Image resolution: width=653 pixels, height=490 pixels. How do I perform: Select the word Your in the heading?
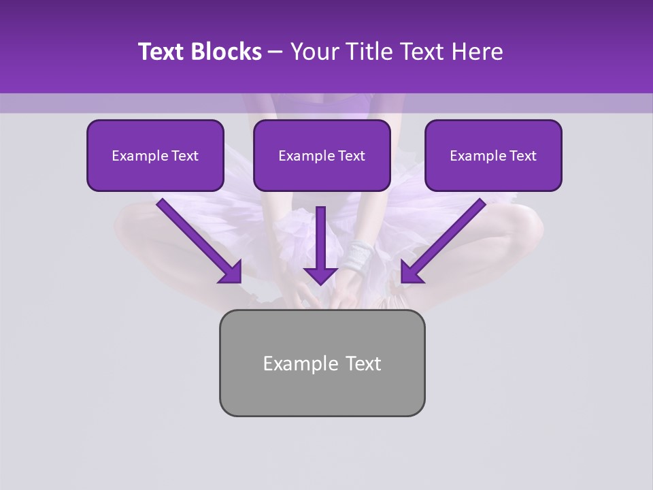pyautogui.click(x=314, y=52)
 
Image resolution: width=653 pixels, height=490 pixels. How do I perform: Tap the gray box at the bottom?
pyautogui.click(x=322, y=395)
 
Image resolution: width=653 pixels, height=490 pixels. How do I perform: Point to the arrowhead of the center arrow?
pyautogui.click(x=320, y=276)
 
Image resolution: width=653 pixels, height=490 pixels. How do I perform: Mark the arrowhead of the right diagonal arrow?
pyautogui.click(x=410, y=274)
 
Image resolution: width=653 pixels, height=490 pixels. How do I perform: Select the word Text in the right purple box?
pyautogui.click(x=522, y=156)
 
